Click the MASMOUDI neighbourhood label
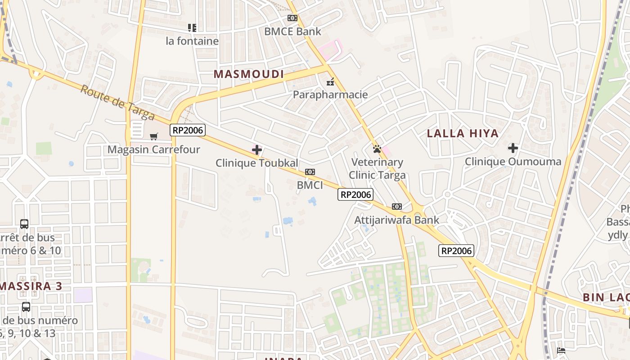[249, 74]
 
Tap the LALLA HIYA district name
[463, 133]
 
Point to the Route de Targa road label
[117, 103]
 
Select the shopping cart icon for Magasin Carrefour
[154, 136]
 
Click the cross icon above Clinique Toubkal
[257, 150]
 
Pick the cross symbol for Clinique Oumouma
[513, 148]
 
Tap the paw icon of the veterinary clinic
[377, 148]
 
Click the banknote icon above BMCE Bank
[292, 18]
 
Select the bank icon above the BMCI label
[310, 172]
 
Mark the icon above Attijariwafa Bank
[396, 207]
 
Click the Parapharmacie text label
[330, 94]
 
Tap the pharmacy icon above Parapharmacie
[330, 82]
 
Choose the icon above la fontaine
[192, 28]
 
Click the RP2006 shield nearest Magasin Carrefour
[188, 130]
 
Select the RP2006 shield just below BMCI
[355, 194]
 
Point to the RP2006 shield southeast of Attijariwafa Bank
[456, 251]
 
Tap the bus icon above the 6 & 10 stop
[24, 224]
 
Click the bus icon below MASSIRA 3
[26, 307]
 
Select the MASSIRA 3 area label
[31, 286]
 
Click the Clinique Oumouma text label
[513, 162]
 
